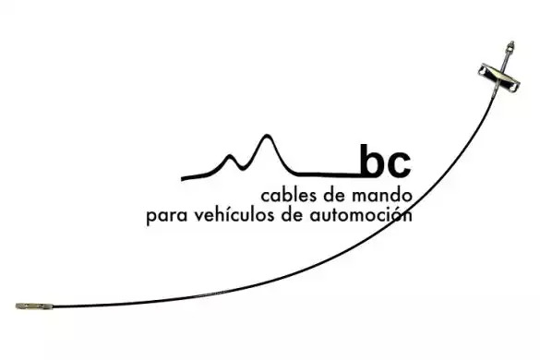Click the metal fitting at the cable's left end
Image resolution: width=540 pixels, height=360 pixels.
34,306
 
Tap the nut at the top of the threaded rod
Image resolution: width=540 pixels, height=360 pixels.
510,45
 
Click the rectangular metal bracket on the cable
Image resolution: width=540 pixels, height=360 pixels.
498,77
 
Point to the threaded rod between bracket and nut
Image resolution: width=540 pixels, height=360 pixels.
507,58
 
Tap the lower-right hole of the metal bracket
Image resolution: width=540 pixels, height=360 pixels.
513,85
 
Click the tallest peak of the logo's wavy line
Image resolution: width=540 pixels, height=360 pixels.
266,137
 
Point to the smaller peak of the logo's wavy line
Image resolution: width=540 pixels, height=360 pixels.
229,157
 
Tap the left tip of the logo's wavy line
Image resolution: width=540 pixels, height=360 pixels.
182,178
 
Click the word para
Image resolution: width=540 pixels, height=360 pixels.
167,217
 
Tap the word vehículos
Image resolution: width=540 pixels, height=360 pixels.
235,215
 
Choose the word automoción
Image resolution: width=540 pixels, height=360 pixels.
361,215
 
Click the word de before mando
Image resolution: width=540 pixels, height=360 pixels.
334,196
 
